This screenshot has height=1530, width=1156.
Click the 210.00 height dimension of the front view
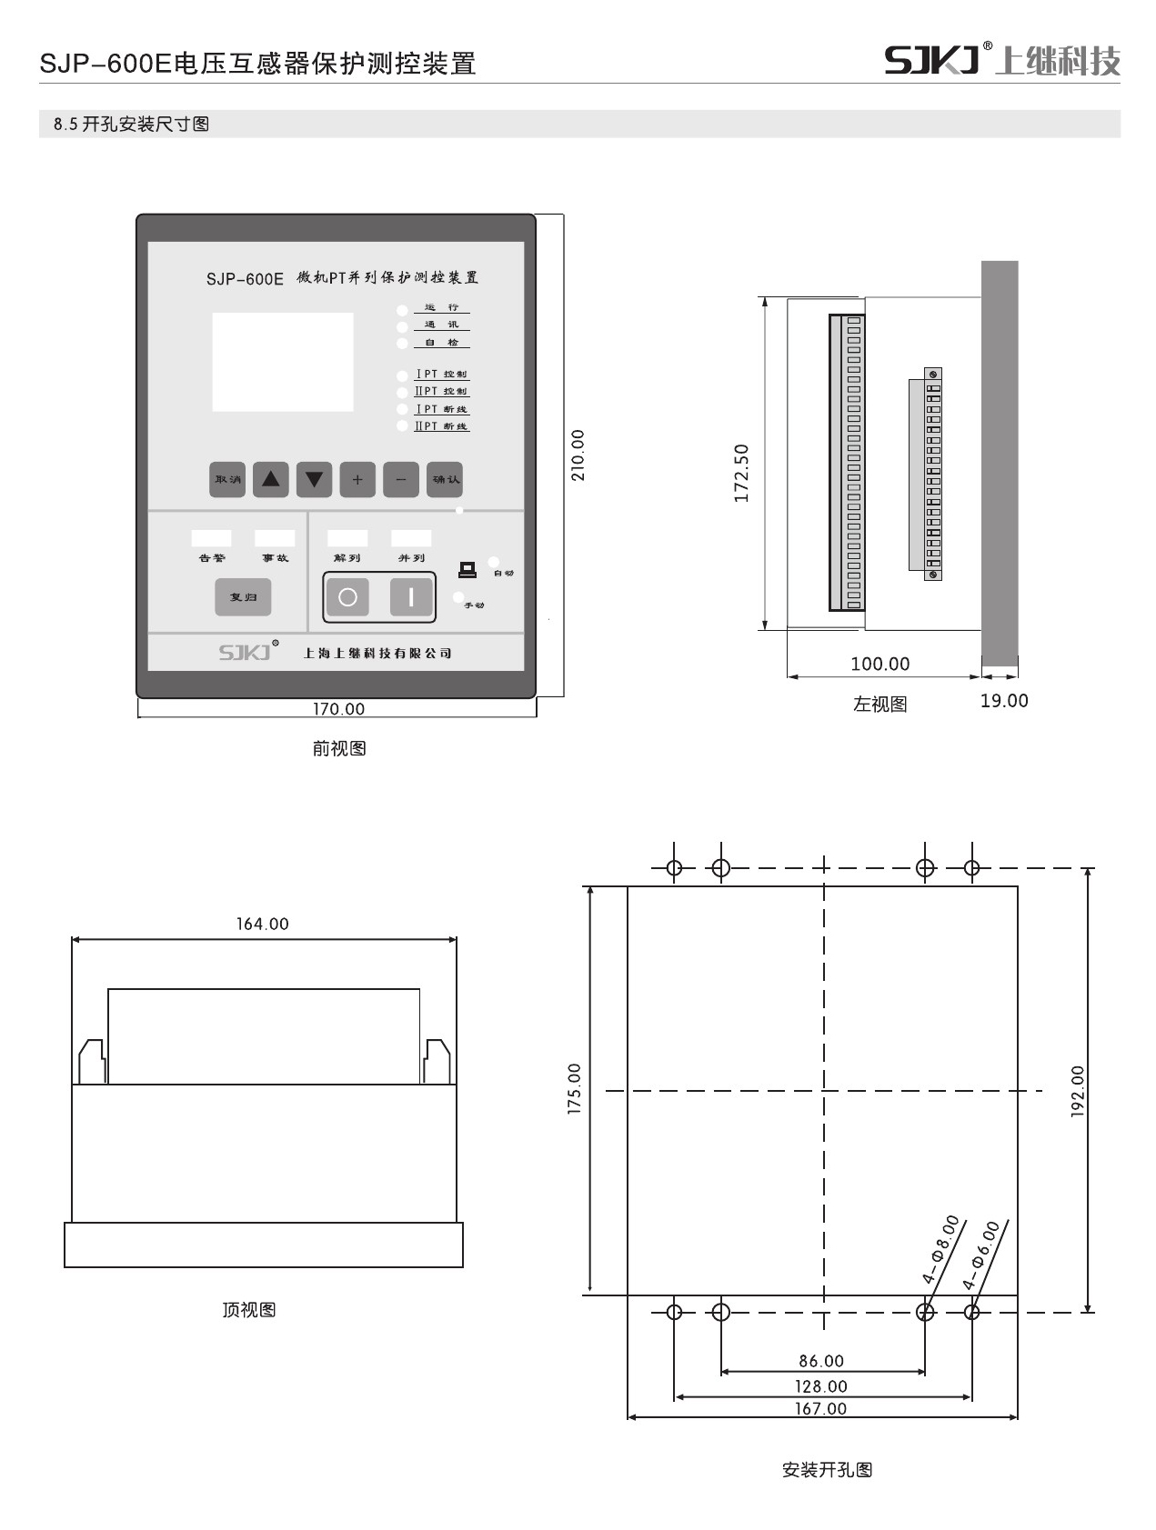(x=578, y=455)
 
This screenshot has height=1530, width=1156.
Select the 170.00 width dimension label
(x=338, y=709)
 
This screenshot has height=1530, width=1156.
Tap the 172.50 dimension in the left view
(x=741, y=474)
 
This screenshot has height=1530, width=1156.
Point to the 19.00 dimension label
(x=1004, y=701)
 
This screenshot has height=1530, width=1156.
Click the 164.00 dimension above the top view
(x=263, y=924)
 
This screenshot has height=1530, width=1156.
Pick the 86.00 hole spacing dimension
(x=821, y=1361)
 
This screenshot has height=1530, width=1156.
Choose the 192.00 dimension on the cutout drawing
(x=1078, y=1091)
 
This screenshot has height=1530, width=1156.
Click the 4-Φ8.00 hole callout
(x=940, y=1249)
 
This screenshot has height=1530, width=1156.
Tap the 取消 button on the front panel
(x=227, y=479)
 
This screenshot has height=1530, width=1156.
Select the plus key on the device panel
(x=357, y=479)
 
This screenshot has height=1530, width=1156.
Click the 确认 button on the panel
(x=446, y=479)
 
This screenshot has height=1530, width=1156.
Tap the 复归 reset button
(x=243, y=597)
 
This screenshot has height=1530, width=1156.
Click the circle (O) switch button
(x=347, y=597)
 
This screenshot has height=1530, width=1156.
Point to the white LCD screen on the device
(x=283, y=362)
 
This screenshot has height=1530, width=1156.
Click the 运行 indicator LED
(x=402, y=310)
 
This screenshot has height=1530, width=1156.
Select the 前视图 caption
(x=339, y=748)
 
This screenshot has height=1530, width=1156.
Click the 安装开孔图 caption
(x=827, y=1470)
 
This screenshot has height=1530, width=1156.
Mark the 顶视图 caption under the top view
(x=249, y=1310)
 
